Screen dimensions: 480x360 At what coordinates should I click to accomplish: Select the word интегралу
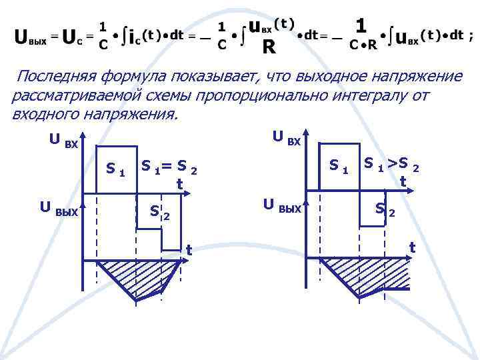pyautogui.click(x=371, y=95)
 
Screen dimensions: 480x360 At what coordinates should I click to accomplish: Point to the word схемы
pyautogui.click(x=166, y=95)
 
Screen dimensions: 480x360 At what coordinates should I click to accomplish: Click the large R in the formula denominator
pyautogui.click(x=269, y=47)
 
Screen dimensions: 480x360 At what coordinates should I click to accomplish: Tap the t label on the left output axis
pyautogui.click(x=189, y=250)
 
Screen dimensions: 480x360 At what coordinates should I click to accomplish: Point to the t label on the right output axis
pyautogui.click(x=412, y=246)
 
